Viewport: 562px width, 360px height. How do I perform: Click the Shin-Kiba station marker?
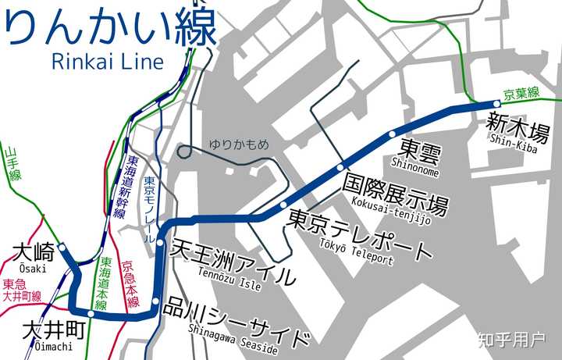point(496,103)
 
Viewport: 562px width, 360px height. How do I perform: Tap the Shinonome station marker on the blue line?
point(392,134)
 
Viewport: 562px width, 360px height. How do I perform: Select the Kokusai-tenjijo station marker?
point(340,167)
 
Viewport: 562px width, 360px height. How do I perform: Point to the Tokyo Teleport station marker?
point(283,205)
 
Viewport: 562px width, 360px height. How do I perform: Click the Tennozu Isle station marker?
point(160,243)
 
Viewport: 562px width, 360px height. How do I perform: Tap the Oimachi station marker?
point(91,315)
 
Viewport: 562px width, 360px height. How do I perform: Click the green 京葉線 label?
point(521,94)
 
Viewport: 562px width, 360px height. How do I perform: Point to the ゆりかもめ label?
point(238,144)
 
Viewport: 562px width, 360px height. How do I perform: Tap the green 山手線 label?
point(13,165)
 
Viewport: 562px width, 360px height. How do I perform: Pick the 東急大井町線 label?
point(22,290)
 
